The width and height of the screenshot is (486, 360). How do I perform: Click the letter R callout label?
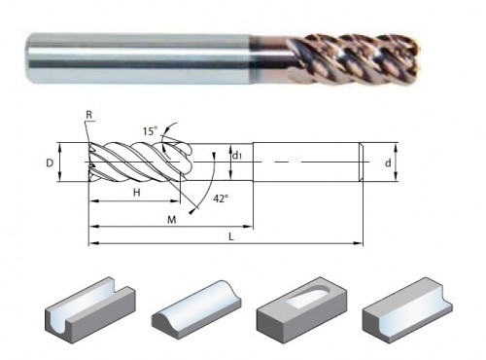pos(89,115)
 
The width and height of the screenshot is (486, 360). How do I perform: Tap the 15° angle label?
pos(150,131)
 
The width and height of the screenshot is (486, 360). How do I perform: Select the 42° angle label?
pos(221,198)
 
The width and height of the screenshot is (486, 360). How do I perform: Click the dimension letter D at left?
pos(50,162)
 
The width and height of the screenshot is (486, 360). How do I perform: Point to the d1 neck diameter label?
pos(237,156)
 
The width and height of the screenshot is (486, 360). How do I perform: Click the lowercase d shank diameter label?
pos(388,162)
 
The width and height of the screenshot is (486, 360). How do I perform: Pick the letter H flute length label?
pos(137,193)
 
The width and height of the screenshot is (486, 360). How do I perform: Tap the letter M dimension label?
pos(172,220)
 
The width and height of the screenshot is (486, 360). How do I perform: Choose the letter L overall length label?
pos(231,237)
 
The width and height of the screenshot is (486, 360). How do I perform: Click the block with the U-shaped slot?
pos(89,306)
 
